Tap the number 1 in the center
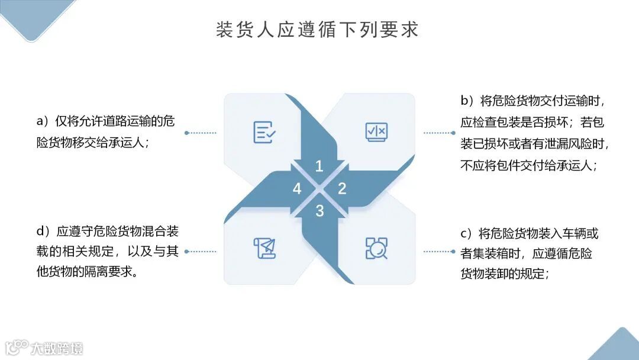[x=319, y=166]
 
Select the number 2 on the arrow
[x=342, y=189]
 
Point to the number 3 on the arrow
[x=319, y=211]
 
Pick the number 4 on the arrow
[x=297, y=189]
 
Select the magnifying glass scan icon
[x=376, y=248]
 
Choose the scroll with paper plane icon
[x=264, y=248]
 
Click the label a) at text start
[x=43, y=121]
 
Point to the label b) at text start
[x=467, y=100]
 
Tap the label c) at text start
[x=467, y=233]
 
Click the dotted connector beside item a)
[x=201, y=133]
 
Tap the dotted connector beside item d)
[x=201, y=251]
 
